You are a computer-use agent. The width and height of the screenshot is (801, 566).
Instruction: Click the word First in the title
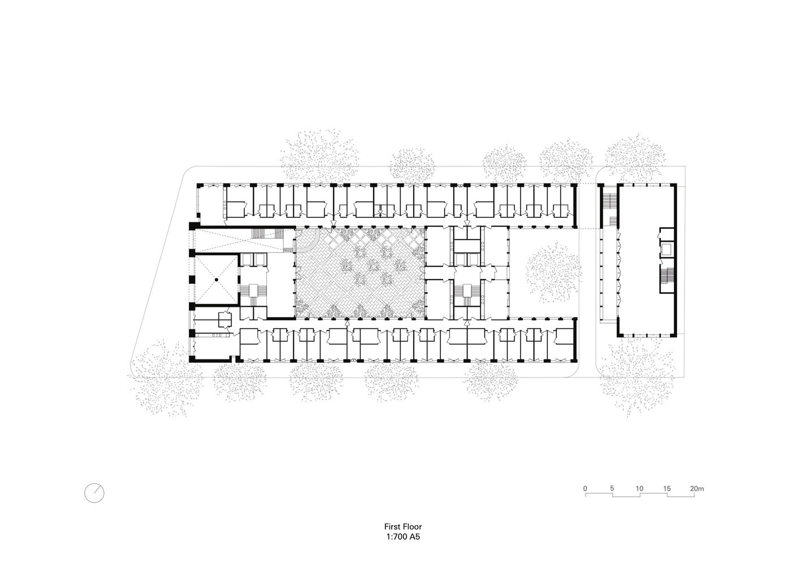click(392, 526)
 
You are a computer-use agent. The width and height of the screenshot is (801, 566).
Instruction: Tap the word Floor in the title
click(412, 526)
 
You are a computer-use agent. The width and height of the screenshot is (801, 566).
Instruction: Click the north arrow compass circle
click(94, 493)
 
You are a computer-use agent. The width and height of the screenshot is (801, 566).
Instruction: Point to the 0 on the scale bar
click(585, 488)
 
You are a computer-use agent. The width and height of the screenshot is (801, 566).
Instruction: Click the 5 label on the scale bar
click(612, 488)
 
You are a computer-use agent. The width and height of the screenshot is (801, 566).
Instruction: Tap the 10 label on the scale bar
click(639, 488)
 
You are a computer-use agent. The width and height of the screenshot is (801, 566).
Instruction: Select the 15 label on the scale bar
click(667, 488)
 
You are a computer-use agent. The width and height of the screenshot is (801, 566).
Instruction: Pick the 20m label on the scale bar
click(697, 488)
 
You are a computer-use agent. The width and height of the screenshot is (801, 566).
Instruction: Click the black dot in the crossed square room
click(216, 279)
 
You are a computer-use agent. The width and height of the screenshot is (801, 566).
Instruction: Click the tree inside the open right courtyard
click(552, 272)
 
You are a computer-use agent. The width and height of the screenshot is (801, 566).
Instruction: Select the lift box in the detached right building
click(666, 248)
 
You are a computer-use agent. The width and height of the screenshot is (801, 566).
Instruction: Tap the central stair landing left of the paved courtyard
click(253, 290)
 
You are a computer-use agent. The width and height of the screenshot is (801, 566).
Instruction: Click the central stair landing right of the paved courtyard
click(467, 290)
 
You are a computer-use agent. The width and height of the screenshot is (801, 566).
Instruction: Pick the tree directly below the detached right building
click(638, 376)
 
